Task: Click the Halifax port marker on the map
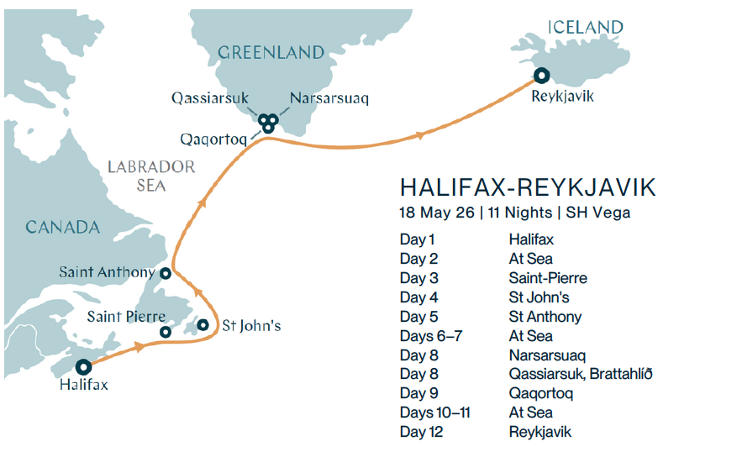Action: point(83,367)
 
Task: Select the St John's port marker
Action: point(203,324)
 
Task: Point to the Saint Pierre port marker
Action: point(166,332)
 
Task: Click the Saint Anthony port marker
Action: point(166,273)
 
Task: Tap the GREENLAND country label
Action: point(271,53)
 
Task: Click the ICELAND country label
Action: point(586,28)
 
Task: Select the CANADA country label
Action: point(62,228)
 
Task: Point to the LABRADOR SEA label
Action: point(151,175)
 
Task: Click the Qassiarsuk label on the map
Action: point(210,98)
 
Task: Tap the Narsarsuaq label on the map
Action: point(329,98)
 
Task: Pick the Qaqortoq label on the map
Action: point(213,139)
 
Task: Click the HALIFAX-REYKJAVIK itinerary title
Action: point(528,187)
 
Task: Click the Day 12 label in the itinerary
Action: point(421,432)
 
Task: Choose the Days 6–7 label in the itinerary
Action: point(430,336)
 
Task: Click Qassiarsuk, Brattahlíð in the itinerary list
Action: point(580,374)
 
